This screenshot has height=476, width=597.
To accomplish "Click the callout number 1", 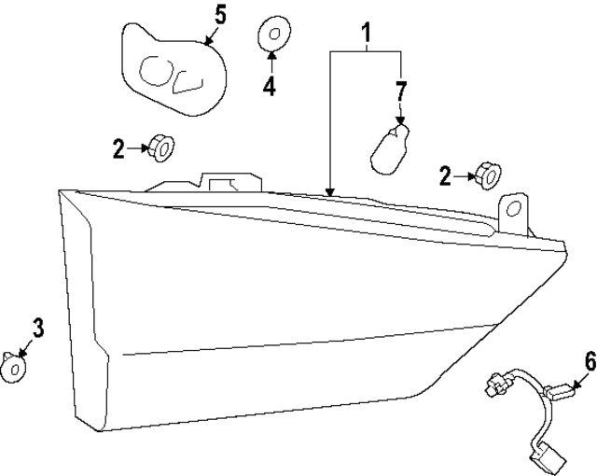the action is (366, 33).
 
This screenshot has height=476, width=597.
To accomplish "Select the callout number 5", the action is (220, 16).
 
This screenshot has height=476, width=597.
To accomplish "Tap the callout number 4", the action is (270, 86).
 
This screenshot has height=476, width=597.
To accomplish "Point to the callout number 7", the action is (401, 91).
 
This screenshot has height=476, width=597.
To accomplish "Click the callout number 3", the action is (38, 328).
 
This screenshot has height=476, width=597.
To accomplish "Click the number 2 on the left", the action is (118, 149).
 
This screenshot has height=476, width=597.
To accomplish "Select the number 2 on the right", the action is (445, 175).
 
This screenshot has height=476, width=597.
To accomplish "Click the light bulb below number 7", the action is (390, 149).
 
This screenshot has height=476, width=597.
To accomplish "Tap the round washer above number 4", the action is (274, 34).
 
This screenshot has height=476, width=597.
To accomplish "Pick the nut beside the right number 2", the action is (488, 175).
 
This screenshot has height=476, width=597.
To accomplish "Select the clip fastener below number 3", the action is (12, 368).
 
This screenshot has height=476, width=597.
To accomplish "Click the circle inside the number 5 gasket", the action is (156, 71).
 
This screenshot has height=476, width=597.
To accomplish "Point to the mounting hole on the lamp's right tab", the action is (514, 208).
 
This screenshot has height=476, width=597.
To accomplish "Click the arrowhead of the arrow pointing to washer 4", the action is (271, 55).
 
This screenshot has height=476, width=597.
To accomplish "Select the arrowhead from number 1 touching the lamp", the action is (330, 192).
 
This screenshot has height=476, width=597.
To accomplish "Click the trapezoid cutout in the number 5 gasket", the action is (187, 83).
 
